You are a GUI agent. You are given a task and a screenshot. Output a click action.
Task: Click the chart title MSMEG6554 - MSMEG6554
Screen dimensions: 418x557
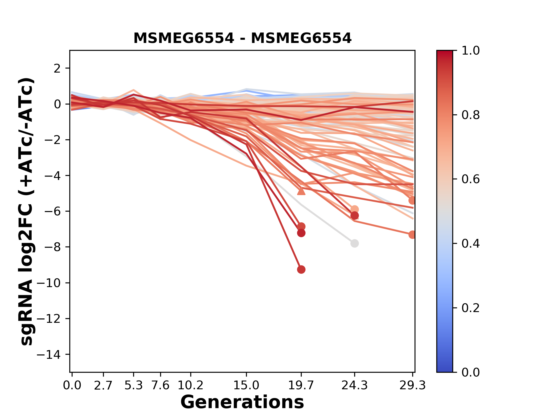[242, 38]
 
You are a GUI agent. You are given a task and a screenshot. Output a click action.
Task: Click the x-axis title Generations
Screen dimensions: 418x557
[242, 402]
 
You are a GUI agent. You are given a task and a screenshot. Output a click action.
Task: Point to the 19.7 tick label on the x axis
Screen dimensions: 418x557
[301, 385]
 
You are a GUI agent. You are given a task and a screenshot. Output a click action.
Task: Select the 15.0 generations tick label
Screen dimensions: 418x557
[246, 385]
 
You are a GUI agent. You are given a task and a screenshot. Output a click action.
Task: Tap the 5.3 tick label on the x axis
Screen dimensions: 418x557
[133, 385]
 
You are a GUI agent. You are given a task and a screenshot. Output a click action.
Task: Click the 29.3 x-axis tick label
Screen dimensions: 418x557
[412, 385]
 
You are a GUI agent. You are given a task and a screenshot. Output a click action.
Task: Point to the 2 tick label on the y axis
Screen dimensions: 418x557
[57, 68]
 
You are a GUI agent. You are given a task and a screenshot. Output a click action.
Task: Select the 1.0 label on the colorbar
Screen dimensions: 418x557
[471, 51]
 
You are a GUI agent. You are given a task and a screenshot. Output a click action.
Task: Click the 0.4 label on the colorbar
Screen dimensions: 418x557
[471, 244]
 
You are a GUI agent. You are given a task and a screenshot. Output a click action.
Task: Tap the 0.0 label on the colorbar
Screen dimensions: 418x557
[471, 372]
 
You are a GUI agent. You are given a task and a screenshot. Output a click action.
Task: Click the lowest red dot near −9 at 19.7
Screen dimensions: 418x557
[301, 270]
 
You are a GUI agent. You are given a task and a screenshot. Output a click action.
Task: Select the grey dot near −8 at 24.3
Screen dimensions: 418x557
[354, 243]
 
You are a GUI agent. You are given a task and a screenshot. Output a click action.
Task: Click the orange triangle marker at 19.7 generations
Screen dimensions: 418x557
[301, 191]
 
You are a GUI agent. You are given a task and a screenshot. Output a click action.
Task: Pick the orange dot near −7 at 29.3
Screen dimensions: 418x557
[412, 235]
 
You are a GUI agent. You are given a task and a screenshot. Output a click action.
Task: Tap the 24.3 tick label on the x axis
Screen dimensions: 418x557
[354, 385]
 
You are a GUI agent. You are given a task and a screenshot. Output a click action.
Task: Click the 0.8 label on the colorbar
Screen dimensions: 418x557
[471, 115]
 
